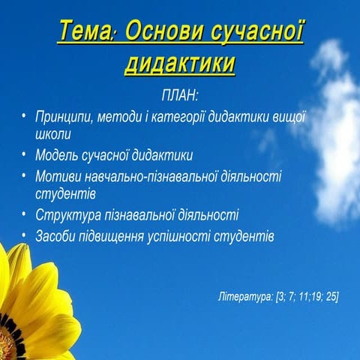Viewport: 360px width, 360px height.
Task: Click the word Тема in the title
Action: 85,32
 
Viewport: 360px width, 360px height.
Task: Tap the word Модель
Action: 57,156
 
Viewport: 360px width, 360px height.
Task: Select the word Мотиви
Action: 57,176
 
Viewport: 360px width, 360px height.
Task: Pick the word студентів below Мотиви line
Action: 64,194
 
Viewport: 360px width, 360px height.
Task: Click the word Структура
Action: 66,215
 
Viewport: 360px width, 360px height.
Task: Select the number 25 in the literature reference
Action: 328,297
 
